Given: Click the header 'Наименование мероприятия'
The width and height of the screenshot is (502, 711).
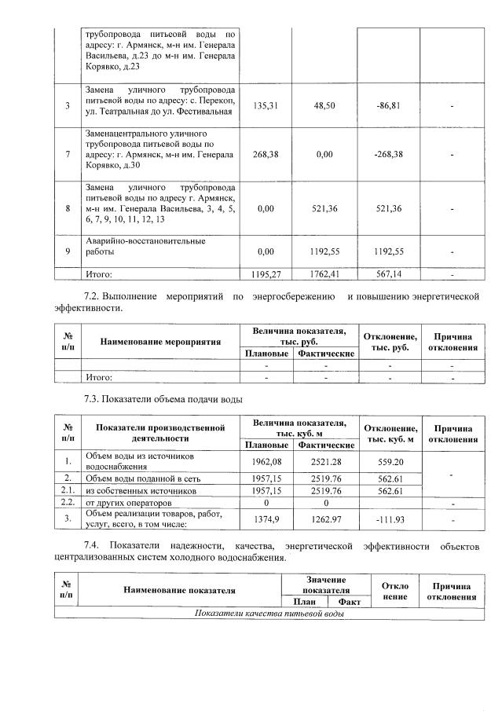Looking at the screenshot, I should coord(160,342).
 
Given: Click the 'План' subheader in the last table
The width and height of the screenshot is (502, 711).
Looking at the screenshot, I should coord(299,602).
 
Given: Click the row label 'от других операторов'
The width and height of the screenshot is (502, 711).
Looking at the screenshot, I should coord(127,502).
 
